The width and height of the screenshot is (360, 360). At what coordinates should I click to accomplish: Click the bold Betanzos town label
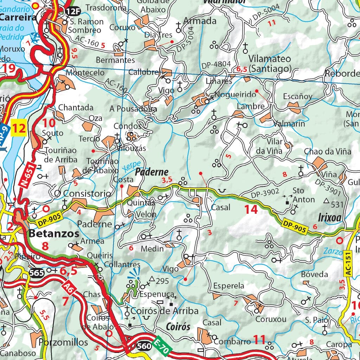pyautogui.click(x=54, y=233)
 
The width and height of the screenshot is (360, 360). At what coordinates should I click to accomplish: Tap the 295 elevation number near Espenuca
pyautogui.click(x=162, y=281)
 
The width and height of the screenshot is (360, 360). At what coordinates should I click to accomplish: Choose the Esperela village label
pyautogui.click(x=229, y=285)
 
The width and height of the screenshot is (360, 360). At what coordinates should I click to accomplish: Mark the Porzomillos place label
pyautogui.click(x=63, y=342)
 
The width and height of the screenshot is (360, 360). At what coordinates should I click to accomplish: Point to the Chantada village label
pyautogui.click(x=76, y=107)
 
